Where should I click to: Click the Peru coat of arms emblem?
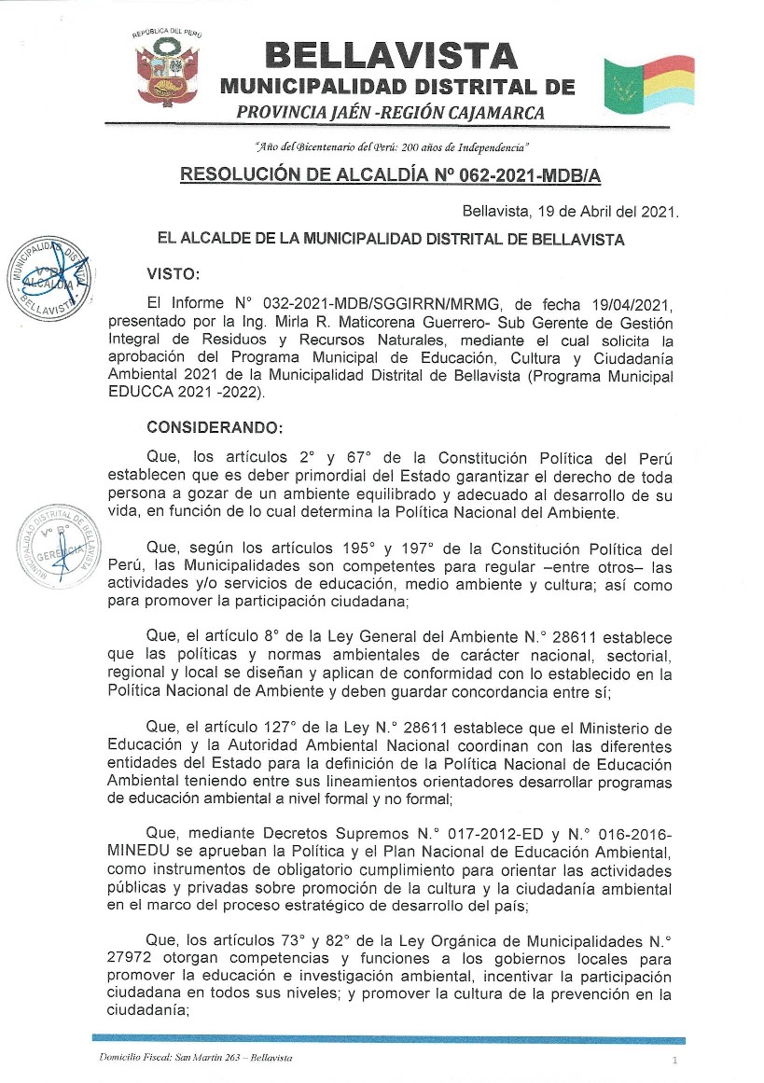coord(167,67)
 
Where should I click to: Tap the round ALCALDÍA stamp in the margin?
coord(47,277)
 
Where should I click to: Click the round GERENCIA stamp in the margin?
coord(56,548)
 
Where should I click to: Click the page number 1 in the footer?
coord(674,1062)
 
